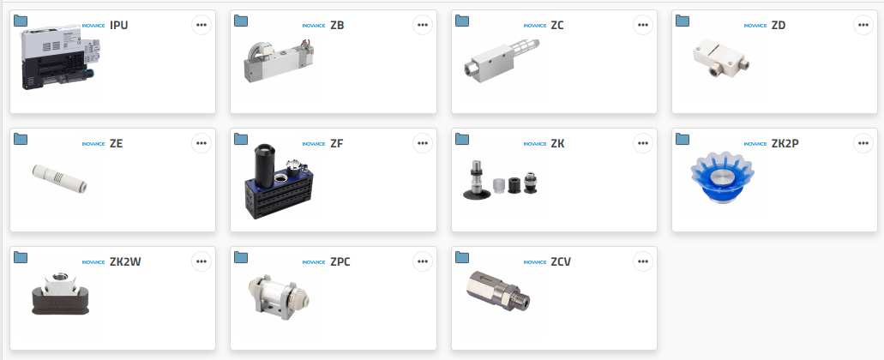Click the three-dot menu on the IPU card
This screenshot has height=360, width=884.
tap(201, 25)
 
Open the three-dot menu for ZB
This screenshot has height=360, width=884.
tap(422, 25)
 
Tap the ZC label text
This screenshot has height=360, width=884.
tap(557, 26)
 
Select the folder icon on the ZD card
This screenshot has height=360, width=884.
tap(683, 21)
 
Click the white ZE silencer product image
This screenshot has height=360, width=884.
tap(60, 178)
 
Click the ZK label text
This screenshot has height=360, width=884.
tap(557, 144)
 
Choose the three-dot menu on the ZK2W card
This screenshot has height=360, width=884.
tap(201, 261)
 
